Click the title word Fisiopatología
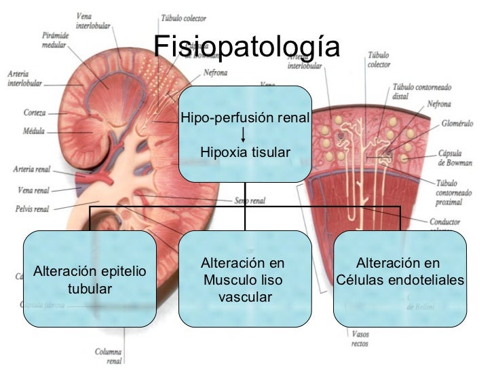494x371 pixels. tap(246, 47)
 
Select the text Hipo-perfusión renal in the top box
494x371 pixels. tap(245, 119)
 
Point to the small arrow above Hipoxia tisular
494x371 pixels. tap(244, 135)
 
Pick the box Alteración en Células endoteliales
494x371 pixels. tap(400, 272)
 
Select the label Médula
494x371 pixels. tap(34, 130)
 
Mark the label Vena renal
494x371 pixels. tap(33, 190)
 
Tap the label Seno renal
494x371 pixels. tap(249, 200)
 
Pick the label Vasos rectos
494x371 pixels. tap(360, 338)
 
